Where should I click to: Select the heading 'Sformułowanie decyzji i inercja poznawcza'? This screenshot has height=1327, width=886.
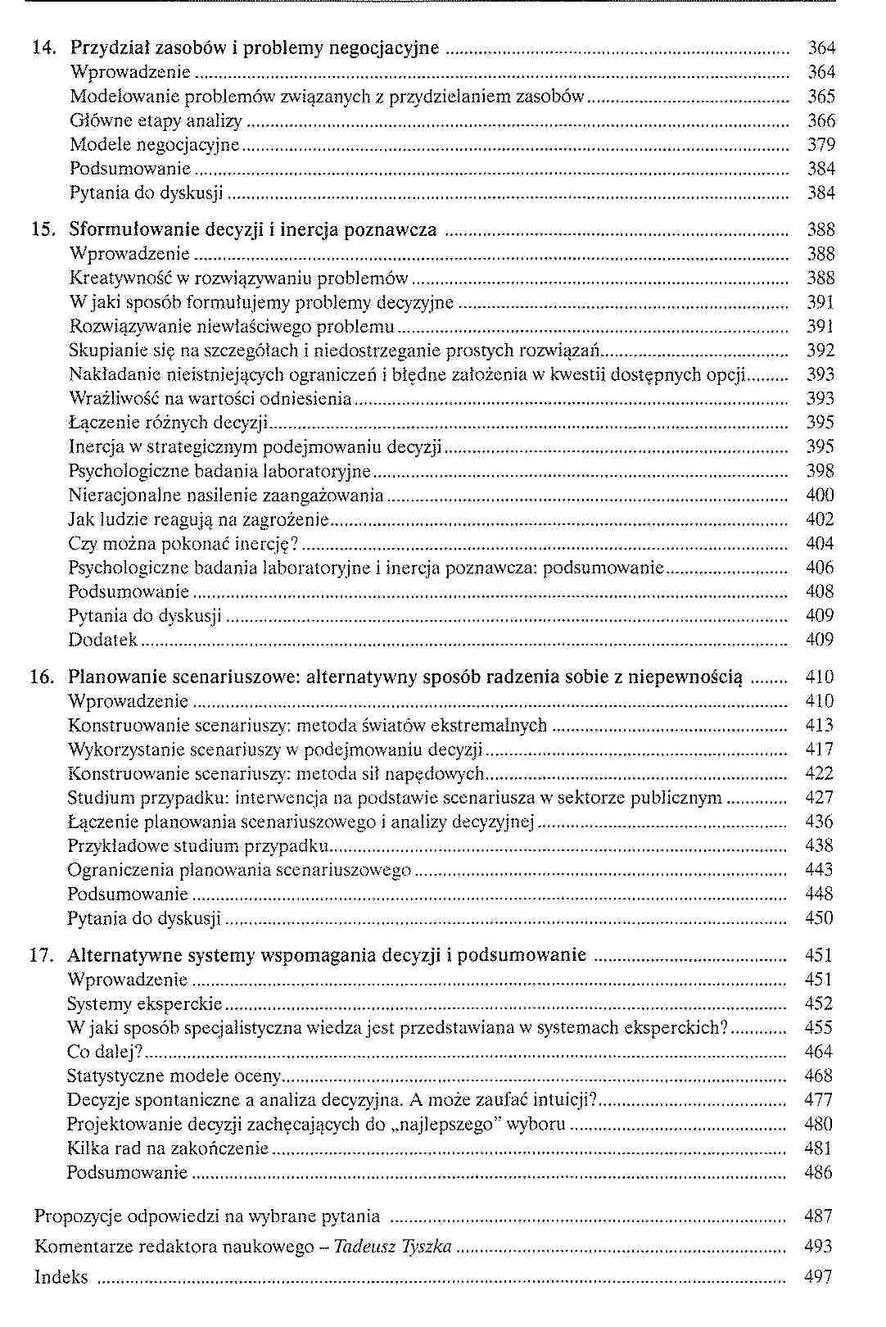coord(253,229)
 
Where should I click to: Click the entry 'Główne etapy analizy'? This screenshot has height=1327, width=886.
coord(156,121)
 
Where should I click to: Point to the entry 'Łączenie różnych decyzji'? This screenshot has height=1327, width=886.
coord(169,423)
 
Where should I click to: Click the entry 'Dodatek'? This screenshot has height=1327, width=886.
coord(103,640)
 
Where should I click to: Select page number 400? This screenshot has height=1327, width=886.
coord(820,495)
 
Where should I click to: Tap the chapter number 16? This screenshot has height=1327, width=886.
coord(42,677)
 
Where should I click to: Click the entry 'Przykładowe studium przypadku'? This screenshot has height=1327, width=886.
coord(198,845)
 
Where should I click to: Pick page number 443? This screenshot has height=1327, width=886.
coord(819,870)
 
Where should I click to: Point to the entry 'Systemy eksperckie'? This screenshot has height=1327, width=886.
coord(145,1003)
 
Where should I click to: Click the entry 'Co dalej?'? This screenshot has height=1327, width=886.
coord(105,1052)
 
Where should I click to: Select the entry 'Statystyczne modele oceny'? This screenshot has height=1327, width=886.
coord(174,1076)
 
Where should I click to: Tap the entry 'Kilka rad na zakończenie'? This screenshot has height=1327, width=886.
coord(168,1148)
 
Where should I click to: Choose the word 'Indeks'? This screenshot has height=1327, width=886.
coord(61,1278)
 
